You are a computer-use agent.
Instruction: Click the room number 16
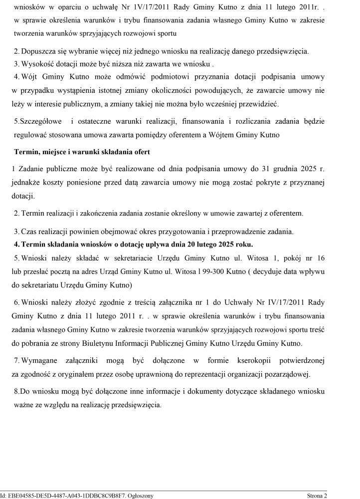point(321,258)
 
